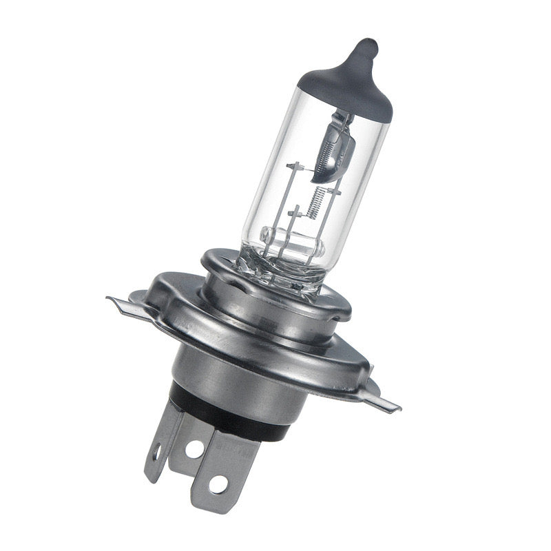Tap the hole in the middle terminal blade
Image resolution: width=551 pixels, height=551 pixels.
(x=195, y=448)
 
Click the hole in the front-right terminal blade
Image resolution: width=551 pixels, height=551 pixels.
(x=218, y=484)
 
